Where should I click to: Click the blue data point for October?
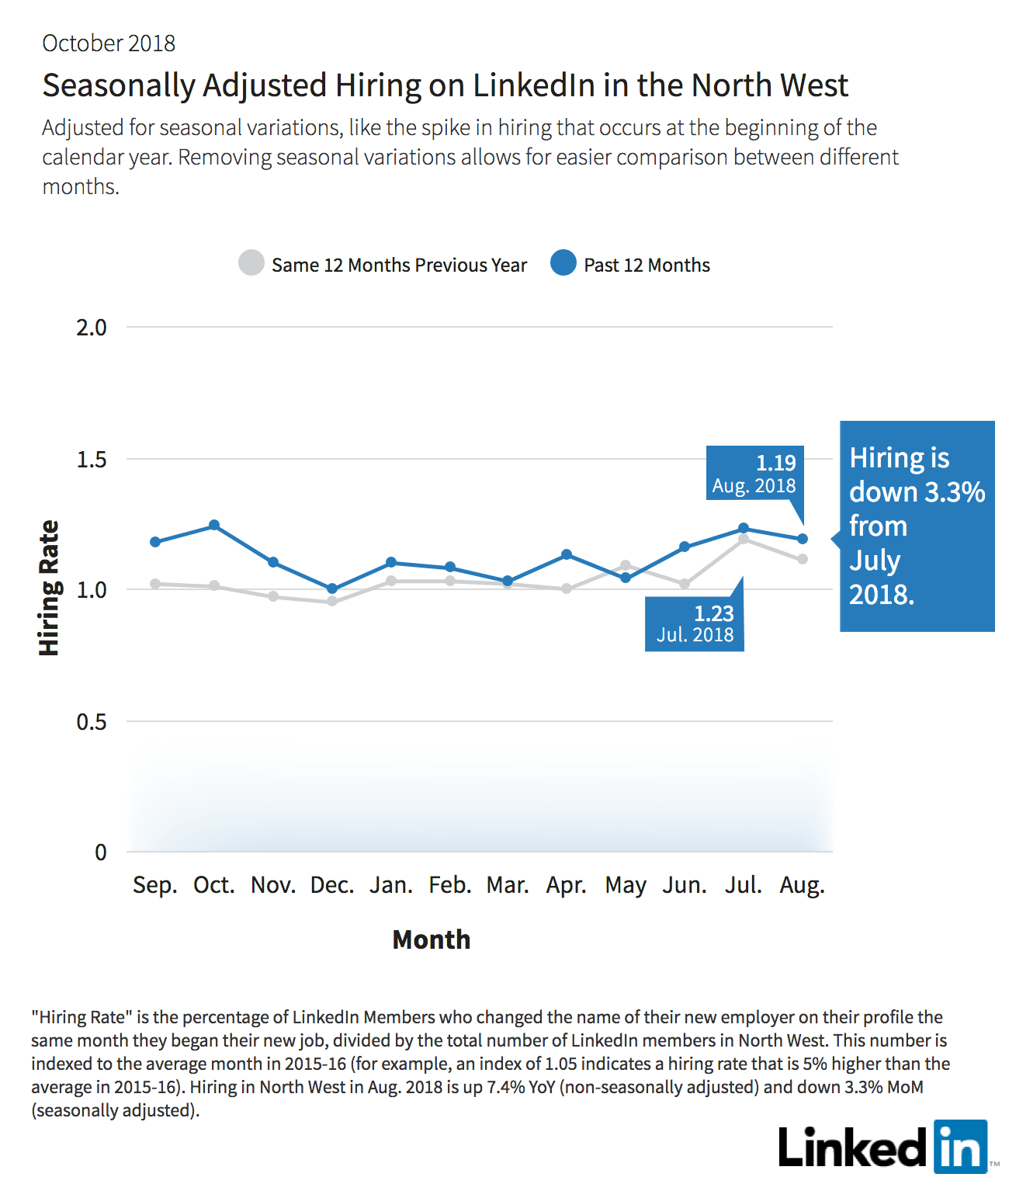[213, 525]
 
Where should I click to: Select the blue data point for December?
[331, 589]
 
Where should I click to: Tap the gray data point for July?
[743, 539]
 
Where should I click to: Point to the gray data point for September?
[155, 584]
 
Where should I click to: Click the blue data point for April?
[566, 554]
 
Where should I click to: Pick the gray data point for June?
[685, 584]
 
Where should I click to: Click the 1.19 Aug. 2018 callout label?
[754, 473]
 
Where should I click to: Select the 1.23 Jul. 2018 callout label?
[695, 623]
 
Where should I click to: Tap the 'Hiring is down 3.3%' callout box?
[917, 526]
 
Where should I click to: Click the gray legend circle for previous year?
[251, 262]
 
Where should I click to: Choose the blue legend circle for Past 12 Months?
[563, 262]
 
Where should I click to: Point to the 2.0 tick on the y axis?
[92, 328]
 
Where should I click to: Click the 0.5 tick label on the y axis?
[92, 721]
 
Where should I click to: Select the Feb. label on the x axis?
[450, 885]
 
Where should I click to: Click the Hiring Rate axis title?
[49, 588]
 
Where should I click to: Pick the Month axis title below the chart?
[432, 939]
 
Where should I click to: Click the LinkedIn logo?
[883, 1147]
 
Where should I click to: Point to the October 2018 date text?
[109, 43]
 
